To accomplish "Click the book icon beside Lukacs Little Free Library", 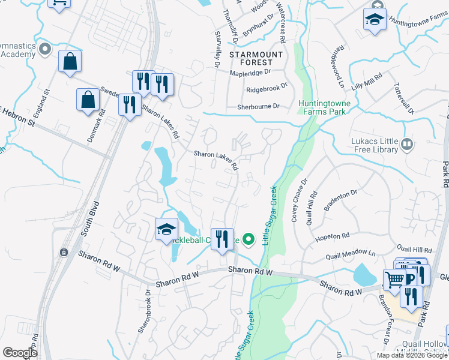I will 408,144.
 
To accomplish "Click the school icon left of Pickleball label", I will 167,229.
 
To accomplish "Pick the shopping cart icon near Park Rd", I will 394,279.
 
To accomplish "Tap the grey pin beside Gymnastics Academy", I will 44,49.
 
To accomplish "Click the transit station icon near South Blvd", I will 64,253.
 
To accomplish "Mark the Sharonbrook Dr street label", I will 143,311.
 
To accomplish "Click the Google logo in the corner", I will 20,352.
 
